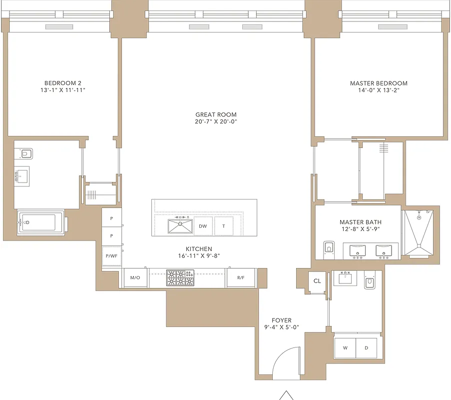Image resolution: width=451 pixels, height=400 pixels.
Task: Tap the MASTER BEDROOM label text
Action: click(378, 83)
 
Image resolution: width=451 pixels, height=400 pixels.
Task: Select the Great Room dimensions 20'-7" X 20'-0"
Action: click(216, 121)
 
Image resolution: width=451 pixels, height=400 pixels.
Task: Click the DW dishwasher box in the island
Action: click(203, 226)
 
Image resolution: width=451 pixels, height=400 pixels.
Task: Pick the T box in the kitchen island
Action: click(224, 226)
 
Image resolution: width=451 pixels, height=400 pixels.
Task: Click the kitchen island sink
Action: click(180, 225)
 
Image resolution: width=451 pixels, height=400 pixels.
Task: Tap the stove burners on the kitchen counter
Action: click(181, 278)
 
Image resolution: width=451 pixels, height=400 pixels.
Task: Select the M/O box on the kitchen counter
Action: click(135, 277)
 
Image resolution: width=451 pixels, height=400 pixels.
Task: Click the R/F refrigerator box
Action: click(241, 277)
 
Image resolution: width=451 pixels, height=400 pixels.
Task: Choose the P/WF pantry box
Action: click(111, 256)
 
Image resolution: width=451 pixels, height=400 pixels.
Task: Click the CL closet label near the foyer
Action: click(317, 281)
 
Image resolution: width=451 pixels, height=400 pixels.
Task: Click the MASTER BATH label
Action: click(357, 222)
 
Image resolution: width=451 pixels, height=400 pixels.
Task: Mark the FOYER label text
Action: click(281, 320)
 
